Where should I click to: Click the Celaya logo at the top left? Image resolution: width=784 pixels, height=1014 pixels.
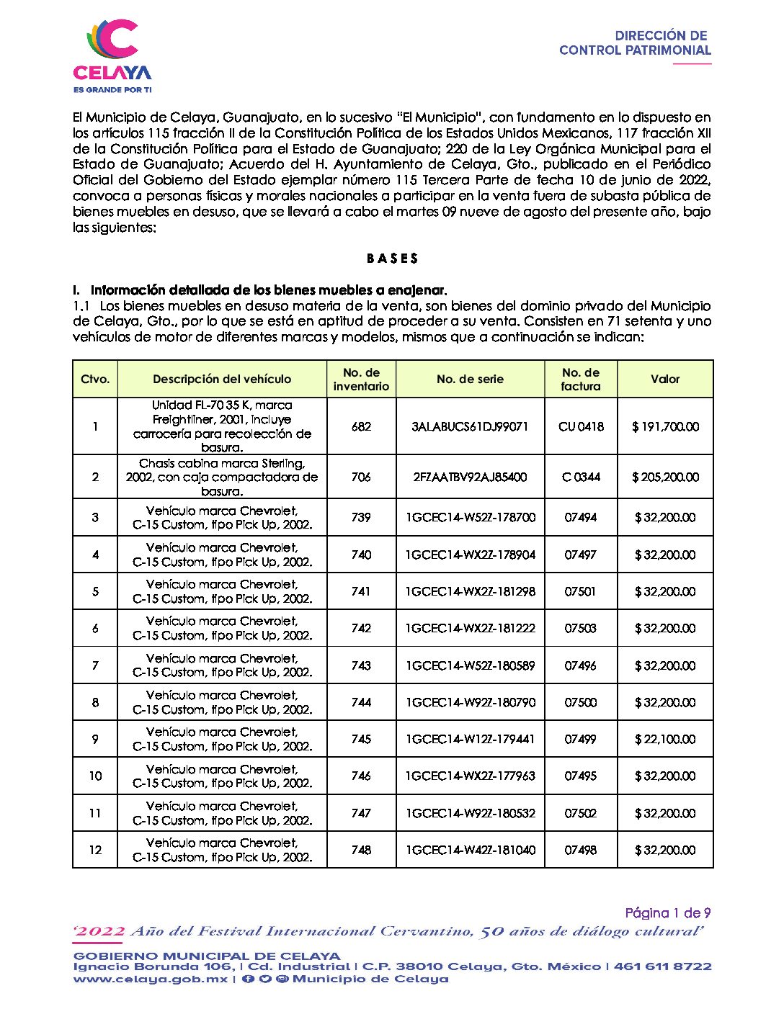112,55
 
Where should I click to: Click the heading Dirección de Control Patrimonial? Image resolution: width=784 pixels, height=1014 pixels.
635,43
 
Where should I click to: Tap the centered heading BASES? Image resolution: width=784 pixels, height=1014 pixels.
392,259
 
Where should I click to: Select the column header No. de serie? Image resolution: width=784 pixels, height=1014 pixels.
470,380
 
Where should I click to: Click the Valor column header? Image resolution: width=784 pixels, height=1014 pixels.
665,380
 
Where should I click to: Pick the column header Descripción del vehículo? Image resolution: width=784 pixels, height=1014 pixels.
222,380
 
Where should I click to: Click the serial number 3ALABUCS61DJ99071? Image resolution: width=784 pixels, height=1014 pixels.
470,426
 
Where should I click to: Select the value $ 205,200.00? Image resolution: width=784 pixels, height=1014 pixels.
665,477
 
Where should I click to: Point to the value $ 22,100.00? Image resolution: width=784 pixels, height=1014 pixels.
665,740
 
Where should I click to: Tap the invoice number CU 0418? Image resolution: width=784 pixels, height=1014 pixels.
581,426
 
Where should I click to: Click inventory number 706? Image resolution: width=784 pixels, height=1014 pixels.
361,477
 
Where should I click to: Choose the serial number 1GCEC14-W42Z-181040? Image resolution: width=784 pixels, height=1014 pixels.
470,851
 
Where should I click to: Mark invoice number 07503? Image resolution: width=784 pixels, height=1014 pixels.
581,629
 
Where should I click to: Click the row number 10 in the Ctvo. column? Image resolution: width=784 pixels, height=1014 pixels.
95,776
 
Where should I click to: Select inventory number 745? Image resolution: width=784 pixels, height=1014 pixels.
361,740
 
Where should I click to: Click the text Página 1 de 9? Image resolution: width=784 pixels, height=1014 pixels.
668,913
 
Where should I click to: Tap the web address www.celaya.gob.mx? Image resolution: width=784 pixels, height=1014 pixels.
150,979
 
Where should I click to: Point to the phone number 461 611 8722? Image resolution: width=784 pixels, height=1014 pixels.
662,966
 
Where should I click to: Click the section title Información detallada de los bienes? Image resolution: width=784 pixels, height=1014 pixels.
268,291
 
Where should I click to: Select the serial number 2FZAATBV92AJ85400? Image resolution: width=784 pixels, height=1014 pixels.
470,477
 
